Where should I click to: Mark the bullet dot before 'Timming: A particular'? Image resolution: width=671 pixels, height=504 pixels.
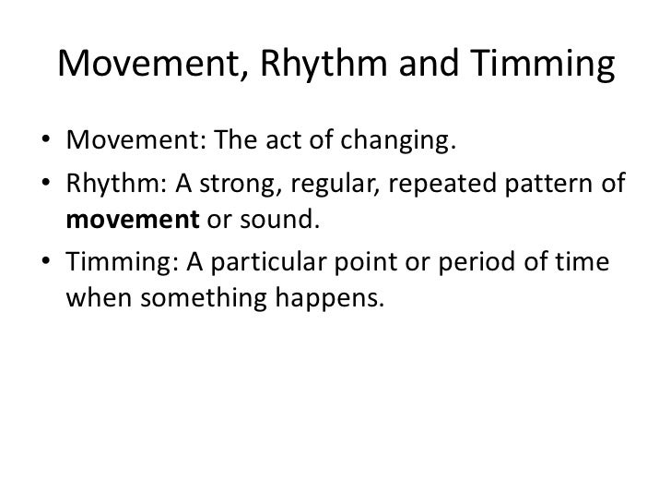pyautogui.click(x=45, y=262)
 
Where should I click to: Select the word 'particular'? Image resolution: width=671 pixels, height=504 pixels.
pyautogui.click(x=265, y=262)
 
